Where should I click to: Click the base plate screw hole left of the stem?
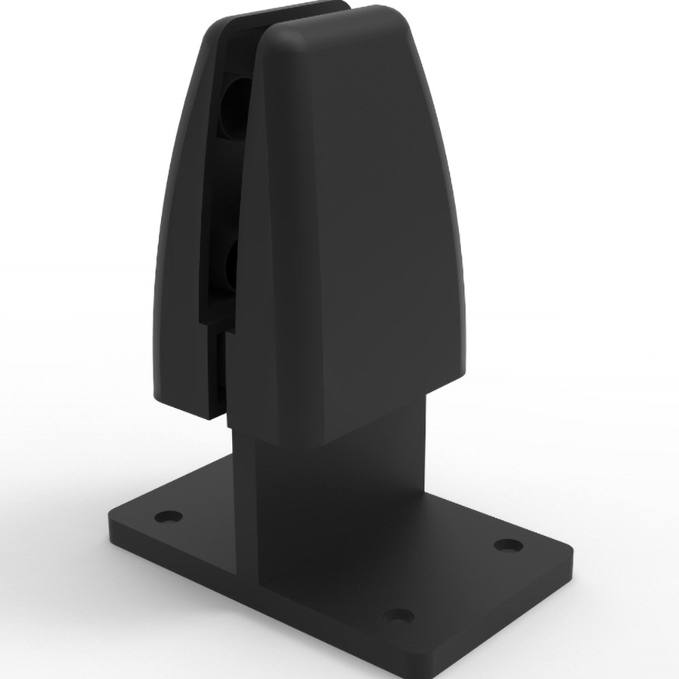tap(168, 516)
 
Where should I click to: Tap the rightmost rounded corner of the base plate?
tap(567, 553)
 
